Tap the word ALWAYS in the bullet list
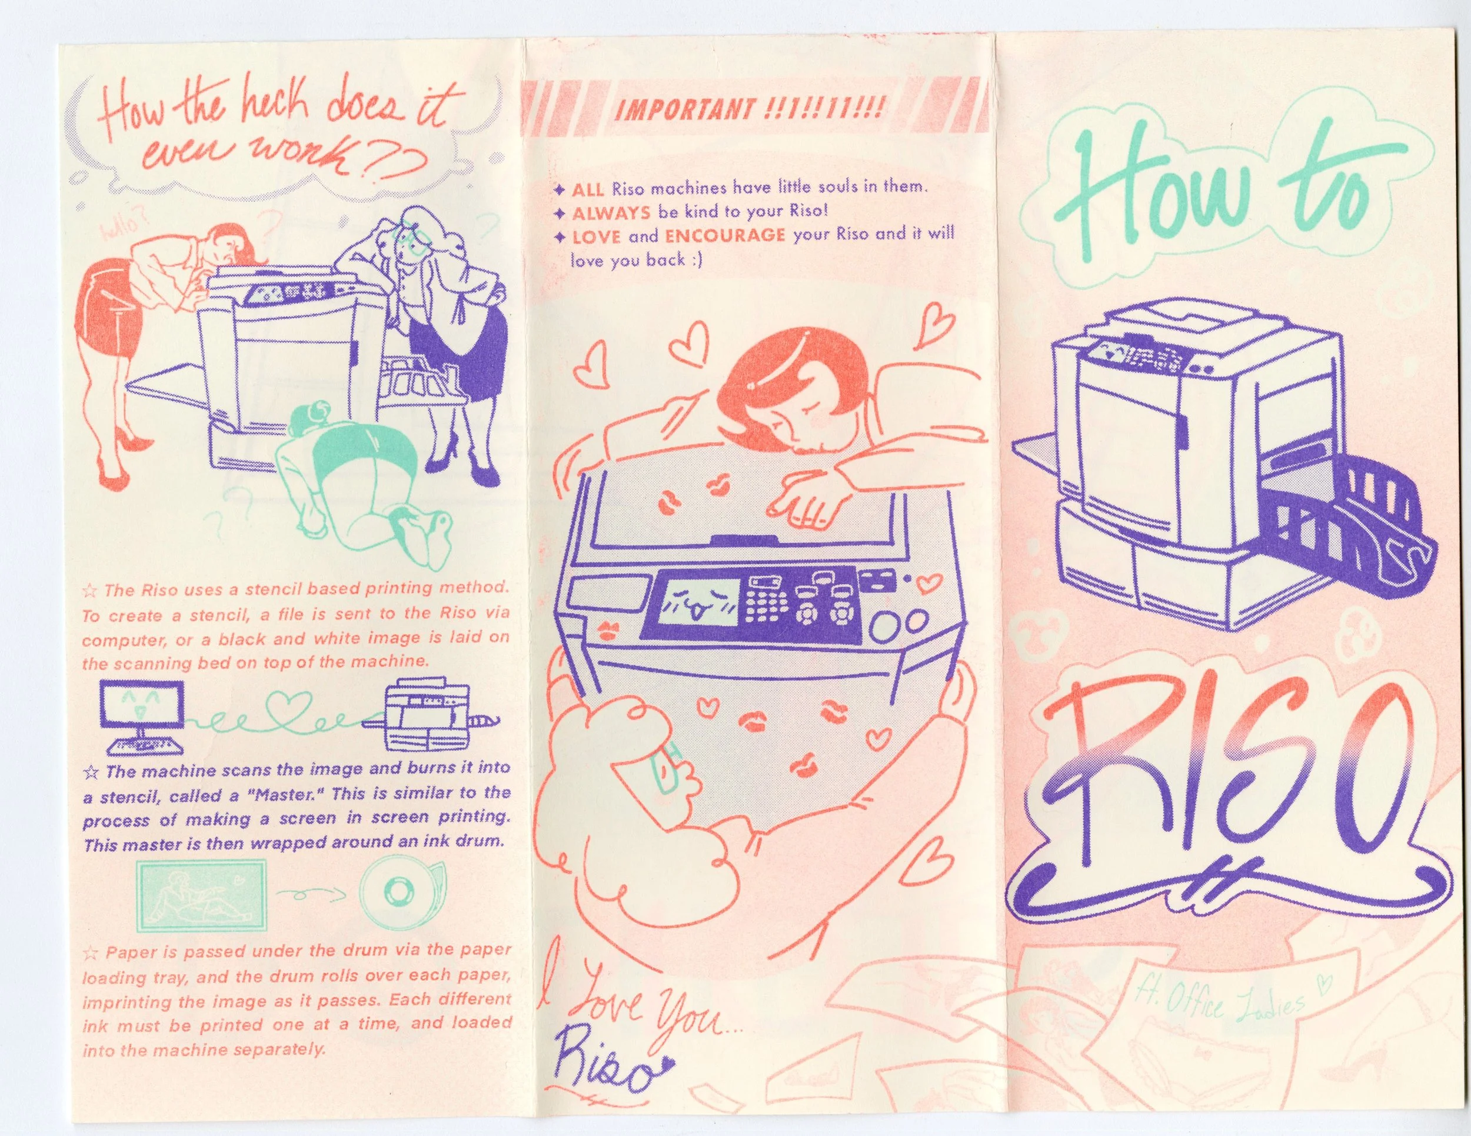611,214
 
